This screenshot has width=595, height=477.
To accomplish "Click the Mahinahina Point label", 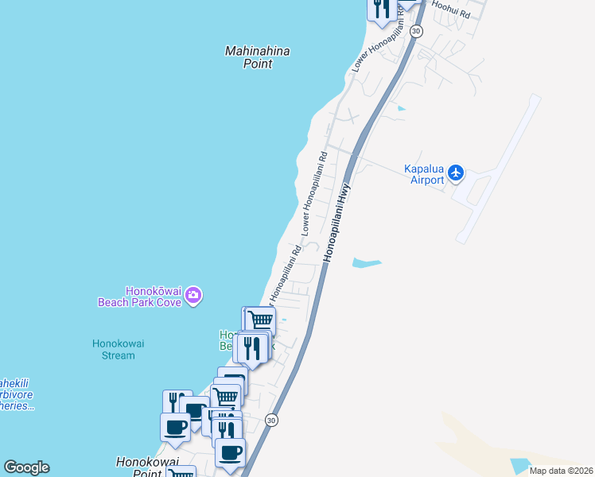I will [x=257, y=57].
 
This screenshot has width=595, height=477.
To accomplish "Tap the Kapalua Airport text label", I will [x=423, y=174].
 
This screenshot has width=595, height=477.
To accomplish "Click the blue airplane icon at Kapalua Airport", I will [x=456, y=172].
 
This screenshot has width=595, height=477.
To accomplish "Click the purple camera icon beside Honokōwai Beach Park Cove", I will [x=193, y=297].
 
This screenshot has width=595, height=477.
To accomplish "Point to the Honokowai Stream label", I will [x=113, y=349].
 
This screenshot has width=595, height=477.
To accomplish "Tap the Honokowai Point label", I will [x=146, y=467].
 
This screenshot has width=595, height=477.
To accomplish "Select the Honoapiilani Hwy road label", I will [x=336, y=223].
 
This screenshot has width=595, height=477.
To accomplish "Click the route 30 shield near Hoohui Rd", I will [x=417, y=30].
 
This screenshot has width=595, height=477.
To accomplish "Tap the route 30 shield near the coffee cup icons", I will [x=271, y=420].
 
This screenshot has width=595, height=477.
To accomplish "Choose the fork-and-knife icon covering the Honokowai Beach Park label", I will [x=252, y=347].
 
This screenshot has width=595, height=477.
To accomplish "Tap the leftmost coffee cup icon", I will [x=175, y=427].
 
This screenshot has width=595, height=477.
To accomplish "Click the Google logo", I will [x=26, y=467].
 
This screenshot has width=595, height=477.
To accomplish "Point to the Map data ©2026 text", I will [x=561, y=471].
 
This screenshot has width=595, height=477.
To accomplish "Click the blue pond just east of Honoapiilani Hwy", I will [x=367, y=262].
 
